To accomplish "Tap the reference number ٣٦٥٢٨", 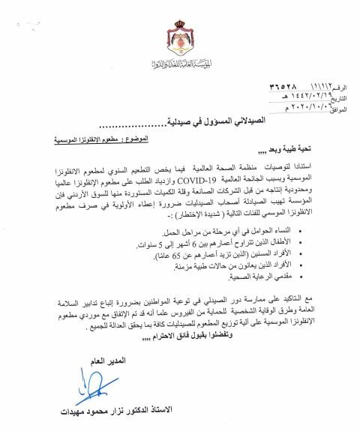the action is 262,86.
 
